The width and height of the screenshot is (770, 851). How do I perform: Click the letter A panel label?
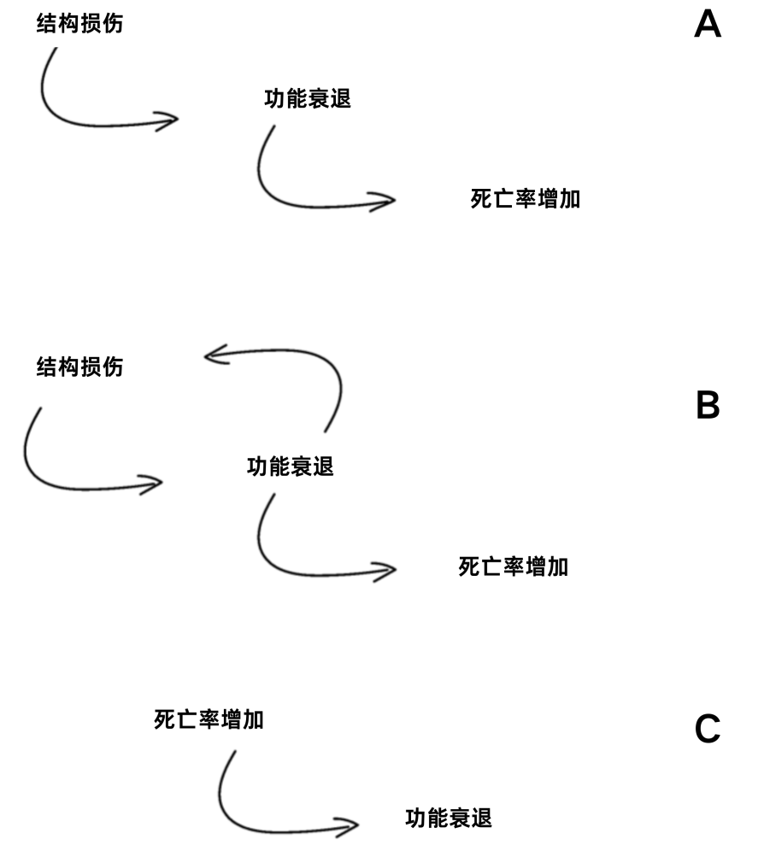tap(708, 25)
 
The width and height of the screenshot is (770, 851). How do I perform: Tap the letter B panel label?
tap(708, 405)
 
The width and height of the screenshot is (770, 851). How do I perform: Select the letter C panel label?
tap(708, 728)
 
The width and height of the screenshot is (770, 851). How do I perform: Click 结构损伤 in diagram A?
tap(79, 23)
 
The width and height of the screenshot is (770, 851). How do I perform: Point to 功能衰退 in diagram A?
tap(308, 99)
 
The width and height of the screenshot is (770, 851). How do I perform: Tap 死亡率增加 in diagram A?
tap(525, 198)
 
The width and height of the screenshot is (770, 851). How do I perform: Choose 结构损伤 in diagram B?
tap(79, 367)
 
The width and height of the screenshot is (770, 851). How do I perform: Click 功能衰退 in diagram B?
tap(290, 467)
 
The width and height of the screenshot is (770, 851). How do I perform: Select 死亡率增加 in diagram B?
tap(513, 566)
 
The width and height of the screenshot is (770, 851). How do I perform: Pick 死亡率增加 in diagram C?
tap(209, 719)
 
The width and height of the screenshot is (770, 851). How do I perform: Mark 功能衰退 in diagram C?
tap(449, 818)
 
